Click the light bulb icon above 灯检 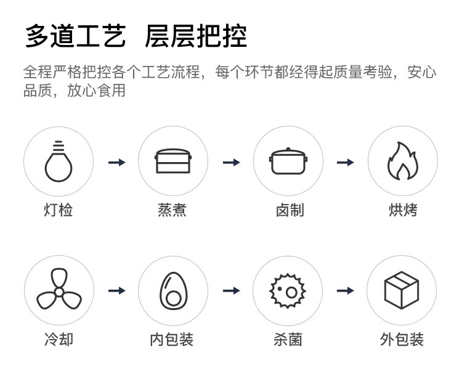59,161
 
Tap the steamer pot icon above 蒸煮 172,161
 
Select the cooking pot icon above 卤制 287,161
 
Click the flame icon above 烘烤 402,161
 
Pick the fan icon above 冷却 59,290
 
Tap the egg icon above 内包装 172,290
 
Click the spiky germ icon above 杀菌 287,290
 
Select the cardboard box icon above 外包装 402,290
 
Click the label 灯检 59,210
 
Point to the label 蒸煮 172,210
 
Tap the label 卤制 287,210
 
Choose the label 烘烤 402,210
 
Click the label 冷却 59,339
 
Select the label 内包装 172,339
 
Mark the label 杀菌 287,339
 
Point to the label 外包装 402,339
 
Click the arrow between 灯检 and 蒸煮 116,162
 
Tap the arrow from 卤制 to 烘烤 345,162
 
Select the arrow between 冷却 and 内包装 116,290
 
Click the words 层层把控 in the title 195,36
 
